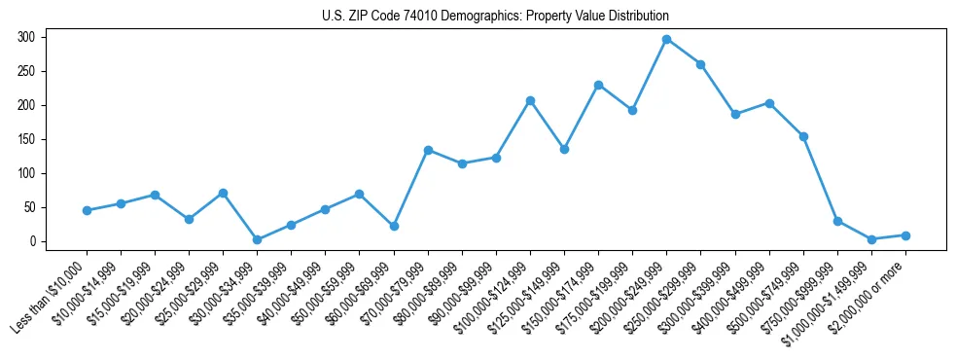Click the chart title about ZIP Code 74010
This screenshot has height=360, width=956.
[x=495, y=17]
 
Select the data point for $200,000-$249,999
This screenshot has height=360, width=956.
[x=666, y=39]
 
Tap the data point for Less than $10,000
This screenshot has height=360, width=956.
[x=87, y=210]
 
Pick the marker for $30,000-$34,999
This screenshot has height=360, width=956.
[x=257, y=239]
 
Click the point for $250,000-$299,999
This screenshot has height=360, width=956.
[x=700, y=64]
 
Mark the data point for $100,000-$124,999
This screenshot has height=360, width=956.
[x=530, y=100]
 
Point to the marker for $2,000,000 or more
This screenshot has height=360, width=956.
[x=905, y=235]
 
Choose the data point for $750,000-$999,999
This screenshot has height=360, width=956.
[x=837, y=221]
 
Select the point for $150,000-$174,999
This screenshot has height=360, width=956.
[x=598, y=85]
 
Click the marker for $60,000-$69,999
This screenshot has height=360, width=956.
[x=394, y=226]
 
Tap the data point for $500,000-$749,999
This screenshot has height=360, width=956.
[x=803, y=136]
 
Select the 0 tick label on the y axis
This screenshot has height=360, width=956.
[x=37, y=241]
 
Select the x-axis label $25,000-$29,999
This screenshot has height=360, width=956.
[x=192, y=292]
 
